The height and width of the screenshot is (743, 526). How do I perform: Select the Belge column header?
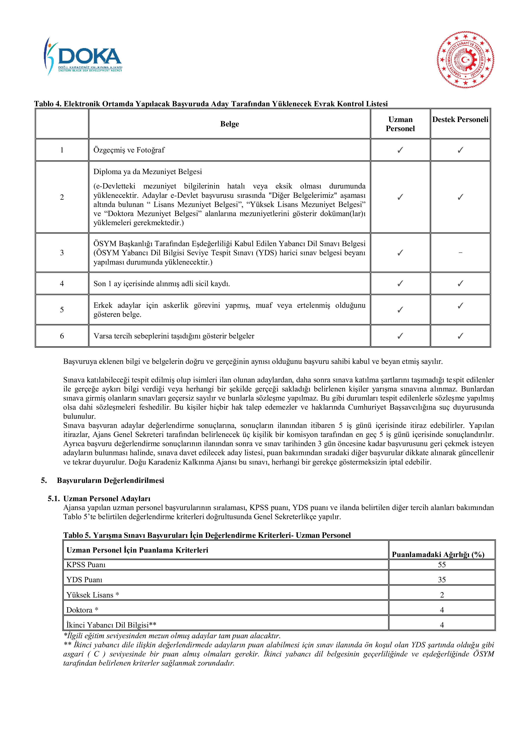coord(229,124)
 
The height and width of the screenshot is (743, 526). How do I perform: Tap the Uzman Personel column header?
coord(400,124)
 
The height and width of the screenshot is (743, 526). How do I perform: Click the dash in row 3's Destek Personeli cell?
coord(460,252)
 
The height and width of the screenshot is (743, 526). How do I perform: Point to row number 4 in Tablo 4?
coord(62,283)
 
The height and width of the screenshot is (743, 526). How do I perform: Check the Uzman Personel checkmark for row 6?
coord(400,336)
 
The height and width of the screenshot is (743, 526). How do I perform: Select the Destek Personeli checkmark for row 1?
coord(460,150)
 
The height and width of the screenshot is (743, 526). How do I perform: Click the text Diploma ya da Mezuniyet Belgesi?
coord(148,172)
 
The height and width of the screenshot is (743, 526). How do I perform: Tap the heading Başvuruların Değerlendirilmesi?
coord(110,480)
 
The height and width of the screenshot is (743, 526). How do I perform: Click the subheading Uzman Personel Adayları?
coord(107,498)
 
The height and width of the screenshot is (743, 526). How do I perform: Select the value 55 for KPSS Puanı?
coord(442,565)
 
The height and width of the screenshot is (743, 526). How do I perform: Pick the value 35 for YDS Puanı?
coord(442,579)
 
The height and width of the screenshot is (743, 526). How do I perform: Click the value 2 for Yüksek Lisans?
coord(442,595)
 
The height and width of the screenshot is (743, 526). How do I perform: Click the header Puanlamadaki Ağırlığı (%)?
coord(438,554)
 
